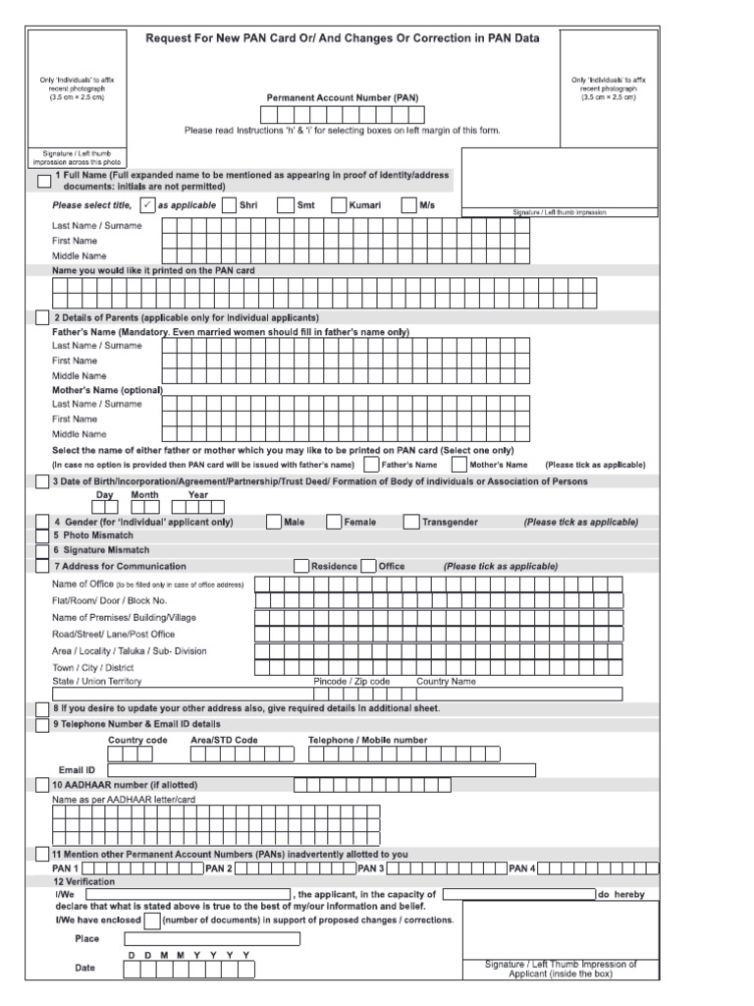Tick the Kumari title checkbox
[338, 205]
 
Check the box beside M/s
[409, 205]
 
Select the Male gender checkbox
[273, 523]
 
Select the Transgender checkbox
[411, 523]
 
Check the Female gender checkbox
[334, 523]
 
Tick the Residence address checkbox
[301, 566]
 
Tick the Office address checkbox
[368, 566]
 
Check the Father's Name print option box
[370, 464]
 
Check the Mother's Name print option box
[458, 464]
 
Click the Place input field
[211, 938]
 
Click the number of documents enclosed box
[152, 921]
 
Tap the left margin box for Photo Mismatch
[41, 536]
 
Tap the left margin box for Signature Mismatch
[41, 551]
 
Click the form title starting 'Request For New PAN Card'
[344, 38]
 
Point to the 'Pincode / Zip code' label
[351, 681]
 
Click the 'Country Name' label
[446, 681]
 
